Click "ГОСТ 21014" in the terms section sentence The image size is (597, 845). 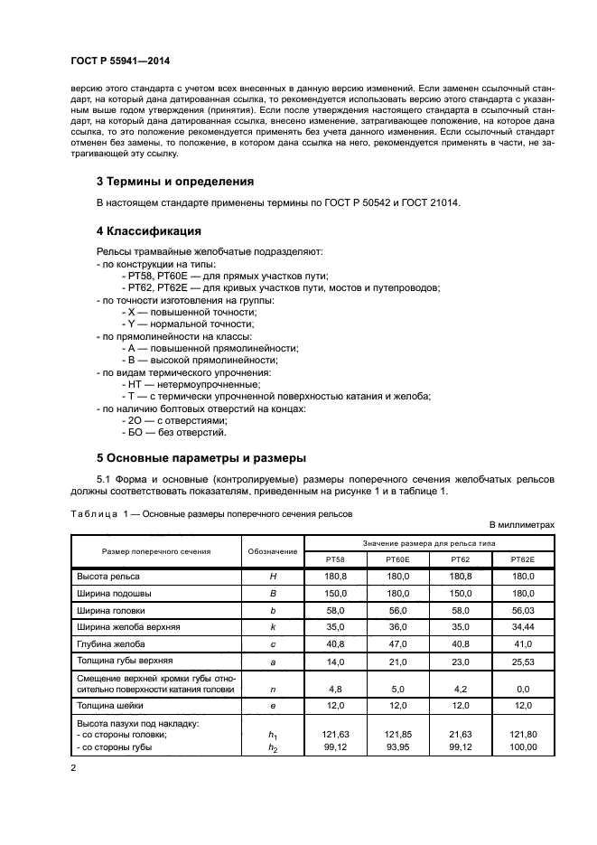[x=427, y=202]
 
